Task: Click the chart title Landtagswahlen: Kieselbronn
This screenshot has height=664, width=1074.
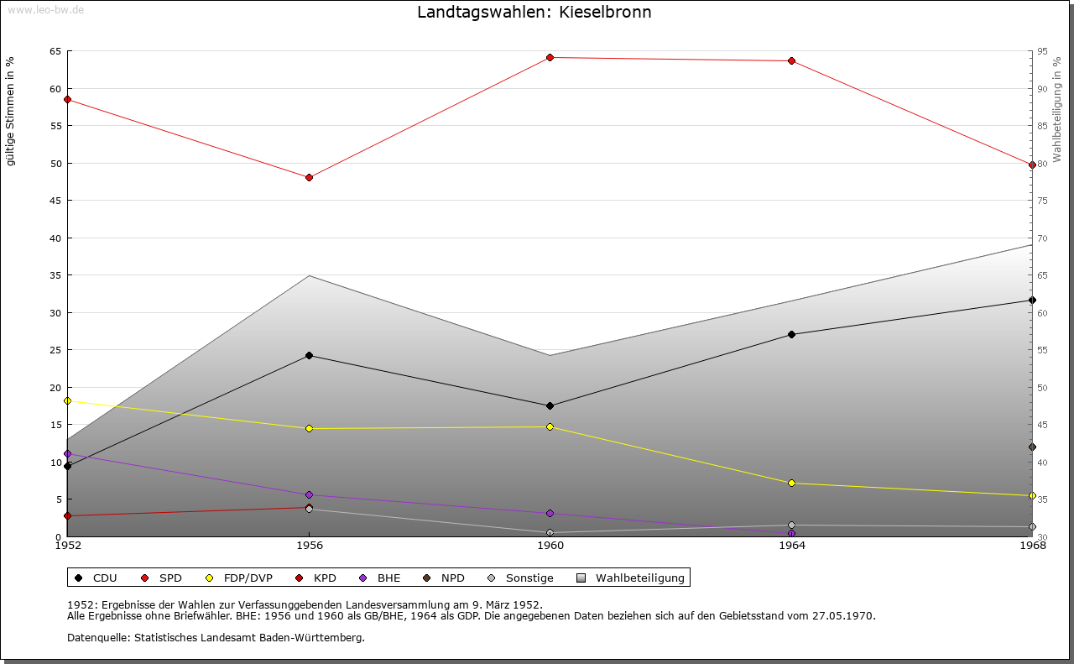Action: (534, 13)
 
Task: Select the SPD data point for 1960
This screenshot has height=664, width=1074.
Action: (550, 57)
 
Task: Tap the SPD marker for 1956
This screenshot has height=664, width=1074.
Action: (309, 177)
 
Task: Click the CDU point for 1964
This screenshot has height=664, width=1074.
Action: (791, 334)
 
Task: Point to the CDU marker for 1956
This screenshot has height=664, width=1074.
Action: (309, 355)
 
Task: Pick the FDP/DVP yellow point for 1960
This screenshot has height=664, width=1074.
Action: (550, 426)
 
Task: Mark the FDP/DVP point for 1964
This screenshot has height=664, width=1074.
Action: (791, 483)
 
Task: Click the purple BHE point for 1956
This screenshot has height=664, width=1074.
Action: (309, 494)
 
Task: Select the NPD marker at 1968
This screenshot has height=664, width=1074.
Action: (1032, 447)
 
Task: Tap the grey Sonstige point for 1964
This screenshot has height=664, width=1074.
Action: (791, 525)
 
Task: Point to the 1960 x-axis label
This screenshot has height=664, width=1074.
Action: (550, 546)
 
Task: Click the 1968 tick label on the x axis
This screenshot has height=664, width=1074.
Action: (1032, 546)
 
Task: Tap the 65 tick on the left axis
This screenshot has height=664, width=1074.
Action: (55, 51)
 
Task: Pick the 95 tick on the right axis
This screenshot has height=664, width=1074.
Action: (1042, 51)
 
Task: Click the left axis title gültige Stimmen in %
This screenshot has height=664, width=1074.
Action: (11, 111)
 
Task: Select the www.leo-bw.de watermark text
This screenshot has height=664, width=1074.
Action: (45, 8)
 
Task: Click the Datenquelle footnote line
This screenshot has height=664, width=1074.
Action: (216, 637)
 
